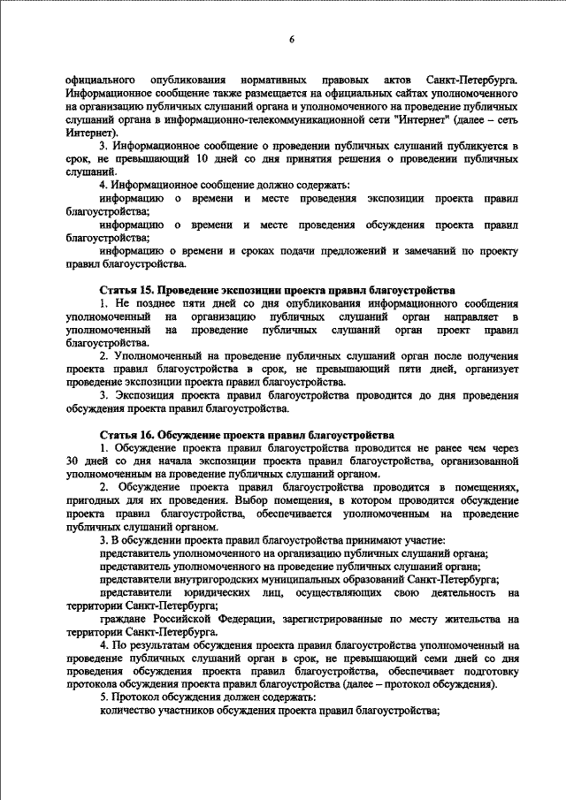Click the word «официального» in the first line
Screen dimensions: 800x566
pyautogui.click(x=97, y=80)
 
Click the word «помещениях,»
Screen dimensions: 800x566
pyautogui.click(x=483, y=486)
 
